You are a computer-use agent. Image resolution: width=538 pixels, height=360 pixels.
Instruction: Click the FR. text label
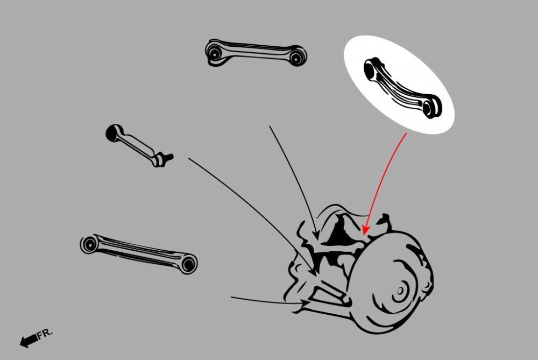point(45,334)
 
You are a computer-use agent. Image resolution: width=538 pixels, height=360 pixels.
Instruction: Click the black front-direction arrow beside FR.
point(29,340)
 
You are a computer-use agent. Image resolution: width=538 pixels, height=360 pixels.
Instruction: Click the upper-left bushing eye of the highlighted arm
point(370,69)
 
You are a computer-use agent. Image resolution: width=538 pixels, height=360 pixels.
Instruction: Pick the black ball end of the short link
point(112,133)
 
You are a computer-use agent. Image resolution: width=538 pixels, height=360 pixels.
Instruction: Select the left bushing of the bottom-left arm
point(89,245)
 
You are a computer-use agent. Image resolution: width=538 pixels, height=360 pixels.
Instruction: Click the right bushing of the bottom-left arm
point(188,264)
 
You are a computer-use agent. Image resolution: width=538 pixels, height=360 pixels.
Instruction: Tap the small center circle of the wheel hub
point(400,291)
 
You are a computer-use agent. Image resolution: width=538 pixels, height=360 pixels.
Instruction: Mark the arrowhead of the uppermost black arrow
point(316,235)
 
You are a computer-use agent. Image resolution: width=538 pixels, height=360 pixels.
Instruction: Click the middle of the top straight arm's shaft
point(256,49)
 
